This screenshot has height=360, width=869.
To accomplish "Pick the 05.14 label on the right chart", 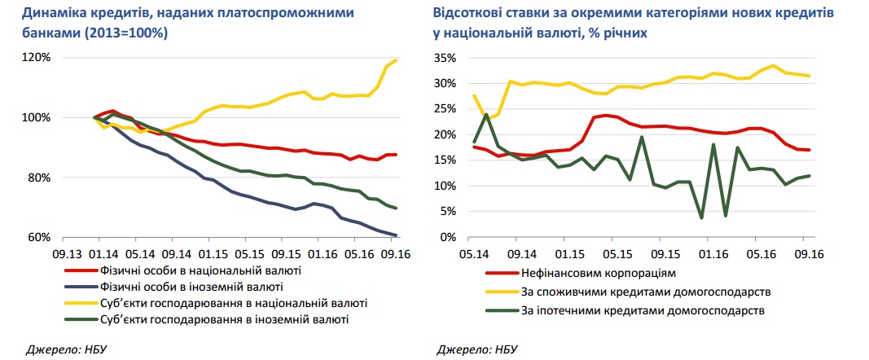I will click(x=476, y=252).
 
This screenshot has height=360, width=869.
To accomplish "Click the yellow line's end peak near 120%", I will click(x=397, y=60).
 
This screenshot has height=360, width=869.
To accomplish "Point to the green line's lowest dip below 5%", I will click(x=701, y=217).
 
